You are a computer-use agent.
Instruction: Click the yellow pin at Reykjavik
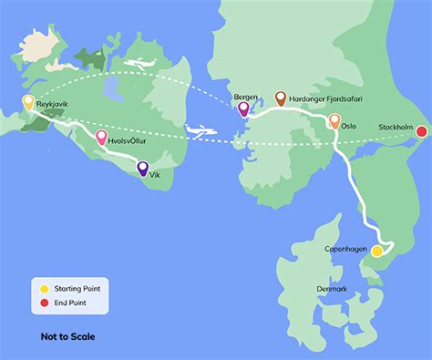[x=28, y=102]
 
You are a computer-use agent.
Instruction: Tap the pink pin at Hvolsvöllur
[x=102, y=138]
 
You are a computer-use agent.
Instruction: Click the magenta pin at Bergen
[x=243, y=109]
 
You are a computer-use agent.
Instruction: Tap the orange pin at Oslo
[x=334, y=121]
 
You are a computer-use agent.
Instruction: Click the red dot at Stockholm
[x=421, y=132]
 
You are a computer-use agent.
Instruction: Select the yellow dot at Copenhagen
[x=376, y=251]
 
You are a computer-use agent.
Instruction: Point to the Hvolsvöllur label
[x=128, y=142]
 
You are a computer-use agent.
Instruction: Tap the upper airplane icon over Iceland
[x=139, y=64]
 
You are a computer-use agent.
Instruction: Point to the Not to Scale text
[x=67, y=336]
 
